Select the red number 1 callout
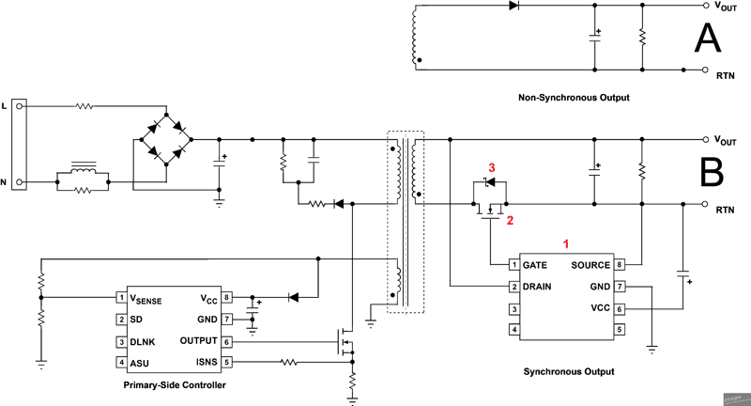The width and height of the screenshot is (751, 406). coord(566,242)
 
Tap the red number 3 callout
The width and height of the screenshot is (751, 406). coord(490,168)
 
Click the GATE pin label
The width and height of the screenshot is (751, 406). coord(535,265)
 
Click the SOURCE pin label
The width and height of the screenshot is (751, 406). coord(590,265)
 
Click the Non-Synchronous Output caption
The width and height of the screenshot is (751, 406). coord(573,98)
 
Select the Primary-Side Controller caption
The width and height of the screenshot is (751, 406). coord(174,385)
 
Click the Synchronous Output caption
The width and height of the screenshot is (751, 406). coord(568,372)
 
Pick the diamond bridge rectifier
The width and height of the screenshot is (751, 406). coord(166,139)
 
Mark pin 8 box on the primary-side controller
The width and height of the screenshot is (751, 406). coord(228,297)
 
